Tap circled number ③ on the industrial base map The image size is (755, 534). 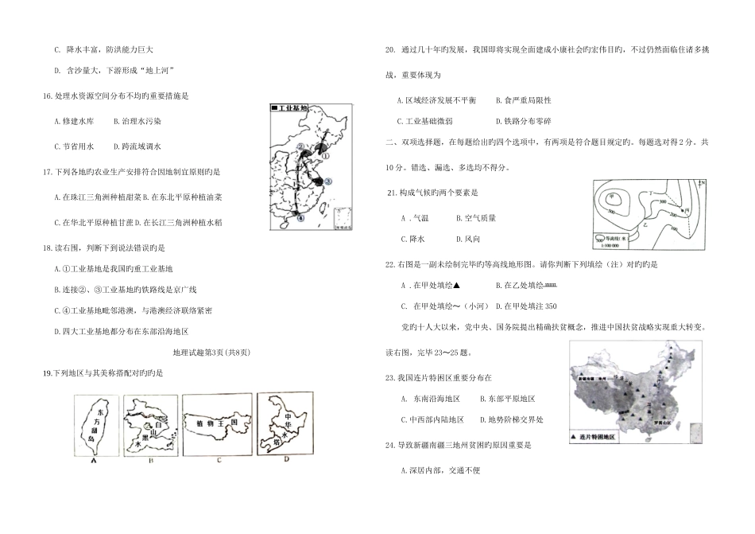pyautogui.click(x=328, y=182)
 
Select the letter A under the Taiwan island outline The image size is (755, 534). pyautogui.click(x=94, y=461)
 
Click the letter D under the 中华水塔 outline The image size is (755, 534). pyautogui.click(x=286, y=458)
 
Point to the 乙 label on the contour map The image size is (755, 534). pyautogui.click(x=645, y=225)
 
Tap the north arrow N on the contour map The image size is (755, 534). pyautogui.click(x=703, y=184)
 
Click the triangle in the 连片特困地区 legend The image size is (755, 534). pyautogui.click(x=575, y=438)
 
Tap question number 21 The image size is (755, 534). pyautogui.click(x=391, y=193)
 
